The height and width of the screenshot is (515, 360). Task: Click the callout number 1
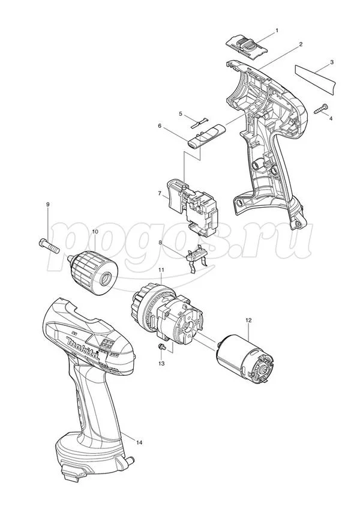pos(277,30)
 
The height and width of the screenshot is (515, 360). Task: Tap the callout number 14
pos(139,443)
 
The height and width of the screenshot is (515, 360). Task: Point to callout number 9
pos(48,204)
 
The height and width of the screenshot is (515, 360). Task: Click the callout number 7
pos(160,194)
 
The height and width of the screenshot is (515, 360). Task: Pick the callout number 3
pos(332,62)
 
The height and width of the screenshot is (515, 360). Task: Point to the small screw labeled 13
pos(162,347)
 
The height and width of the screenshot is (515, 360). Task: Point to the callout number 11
pos(161,270)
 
